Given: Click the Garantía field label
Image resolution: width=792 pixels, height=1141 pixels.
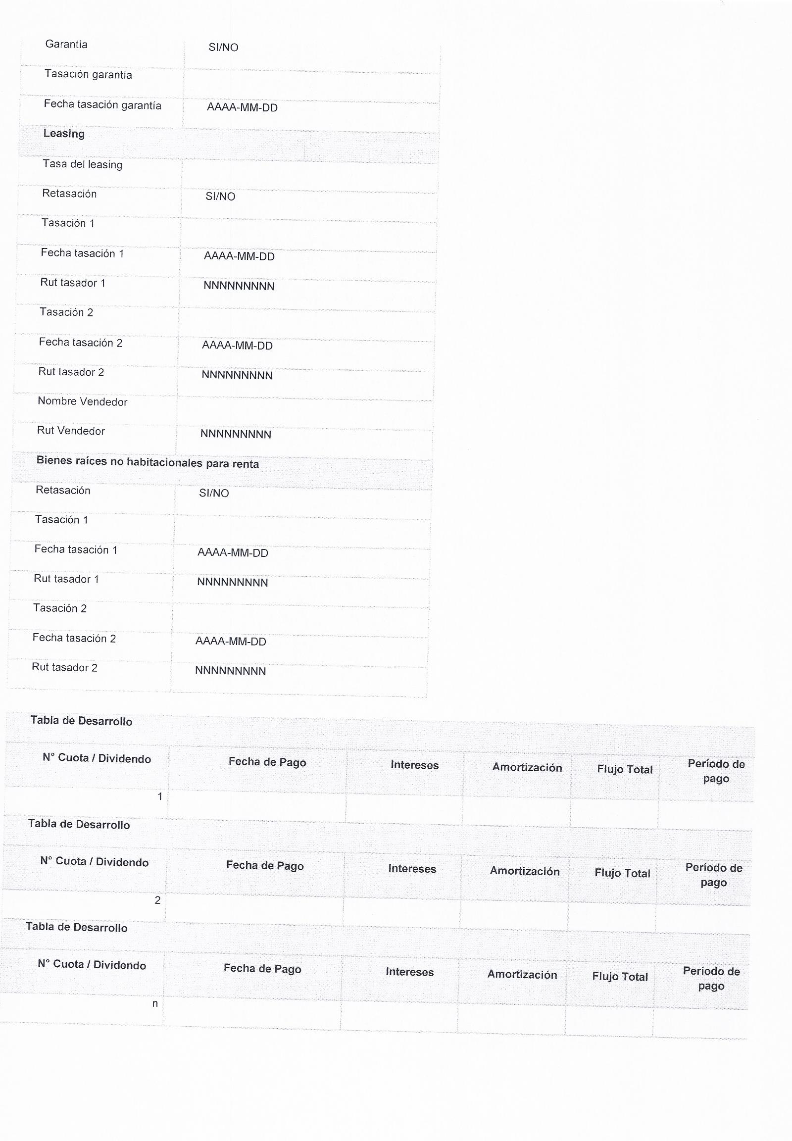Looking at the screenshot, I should tap(66, 45).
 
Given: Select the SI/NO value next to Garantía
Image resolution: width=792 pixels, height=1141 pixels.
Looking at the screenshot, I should tap(223, 48).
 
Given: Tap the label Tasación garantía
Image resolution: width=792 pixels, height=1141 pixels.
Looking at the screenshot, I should tap(88, 74).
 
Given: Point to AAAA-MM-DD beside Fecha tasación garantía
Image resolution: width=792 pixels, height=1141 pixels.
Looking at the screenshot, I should tap(242, 108).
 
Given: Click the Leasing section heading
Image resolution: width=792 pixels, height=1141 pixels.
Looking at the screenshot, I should tap(64, 134).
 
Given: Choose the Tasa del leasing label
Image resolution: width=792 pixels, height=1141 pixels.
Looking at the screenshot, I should tap(82, 164).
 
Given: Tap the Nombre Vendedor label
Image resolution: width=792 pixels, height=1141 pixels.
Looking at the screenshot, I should tap(82, 401).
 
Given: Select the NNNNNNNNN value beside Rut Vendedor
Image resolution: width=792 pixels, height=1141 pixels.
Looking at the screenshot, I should tap(236, 434).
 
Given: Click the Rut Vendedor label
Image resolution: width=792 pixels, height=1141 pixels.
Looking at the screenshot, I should tap(71, 431).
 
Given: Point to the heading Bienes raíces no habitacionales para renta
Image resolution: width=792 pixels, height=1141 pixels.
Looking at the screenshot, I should tap(148, 462).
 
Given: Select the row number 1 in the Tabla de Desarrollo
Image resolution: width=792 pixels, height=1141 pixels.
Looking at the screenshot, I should tap(160, 796).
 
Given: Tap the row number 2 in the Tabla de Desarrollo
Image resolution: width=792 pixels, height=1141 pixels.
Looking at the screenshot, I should tap(157, 900).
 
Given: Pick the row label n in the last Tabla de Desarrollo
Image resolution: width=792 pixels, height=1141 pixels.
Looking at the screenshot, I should tap(155, 1003).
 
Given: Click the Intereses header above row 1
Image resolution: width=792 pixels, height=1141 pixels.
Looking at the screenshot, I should tap(414, 765).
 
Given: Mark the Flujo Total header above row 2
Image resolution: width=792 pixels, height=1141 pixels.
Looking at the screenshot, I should tap(622, 874).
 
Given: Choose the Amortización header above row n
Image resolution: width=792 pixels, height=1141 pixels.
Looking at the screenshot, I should tap(522, 975).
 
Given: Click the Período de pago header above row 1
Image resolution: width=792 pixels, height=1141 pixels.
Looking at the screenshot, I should tap(716, 771).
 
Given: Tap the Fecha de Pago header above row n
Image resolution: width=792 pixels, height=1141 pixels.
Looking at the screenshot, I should tap(262, 968).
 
